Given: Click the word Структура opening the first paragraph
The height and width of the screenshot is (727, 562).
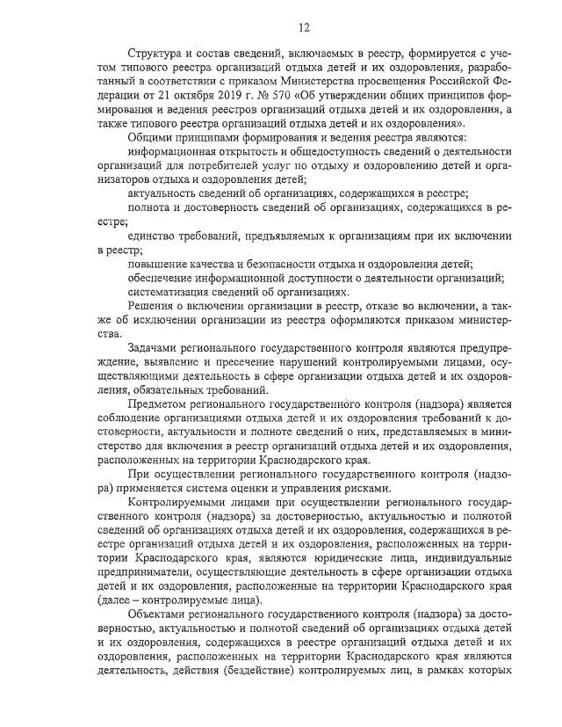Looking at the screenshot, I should click(157, 55).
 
